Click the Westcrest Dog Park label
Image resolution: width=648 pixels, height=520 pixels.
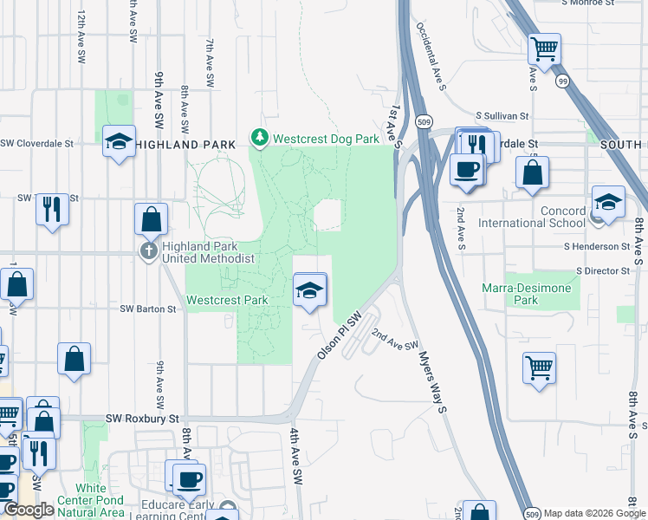327,138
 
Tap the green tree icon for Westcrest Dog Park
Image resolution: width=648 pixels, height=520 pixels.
259,138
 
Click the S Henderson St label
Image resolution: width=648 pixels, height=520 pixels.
596,246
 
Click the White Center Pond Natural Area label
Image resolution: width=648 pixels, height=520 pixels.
91,494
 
